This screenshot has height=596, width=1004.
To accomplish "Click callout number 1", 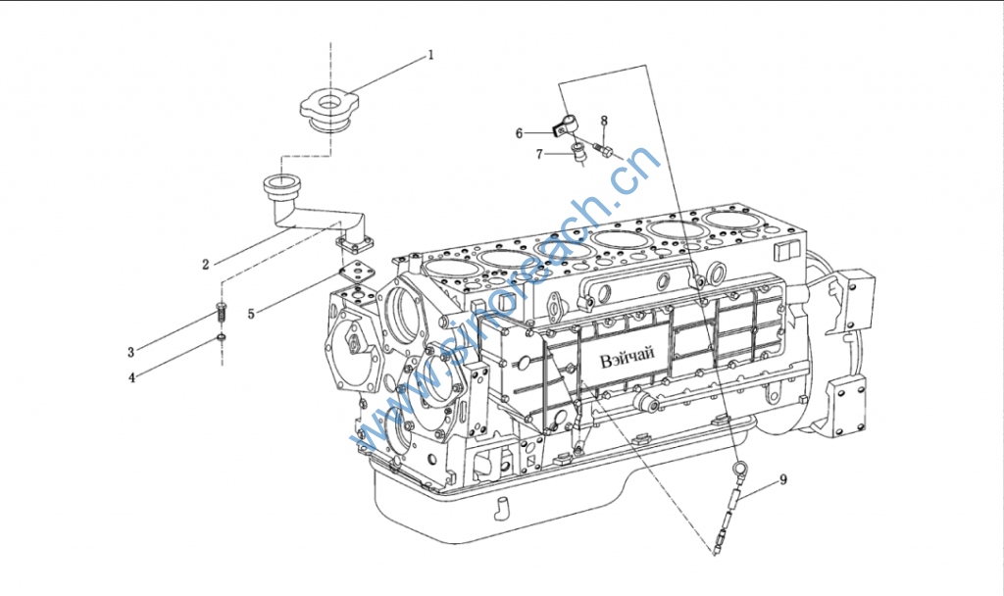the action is point(431,55).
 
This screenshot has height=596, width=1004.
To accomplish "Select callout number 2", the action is point(206,265).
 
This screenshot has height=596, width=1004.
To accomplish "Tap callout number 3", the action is point(131,352).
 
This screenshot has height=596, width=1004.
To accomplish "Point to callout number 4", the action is point(132,377).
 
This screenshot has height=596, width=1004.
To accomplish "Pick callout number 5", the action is point(251,314).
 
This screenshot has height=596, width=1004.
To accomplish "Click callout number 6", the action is point(520,133).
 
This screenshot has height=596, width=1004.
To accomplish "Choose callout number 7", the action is point(539,154).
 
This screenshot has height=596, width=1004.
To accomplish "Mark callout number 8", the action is point(604,121).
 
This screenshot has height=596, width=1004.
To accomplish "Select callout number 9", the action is point(783,479).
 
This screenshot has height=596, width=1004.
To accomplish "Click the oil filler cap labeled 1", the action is point(329,112).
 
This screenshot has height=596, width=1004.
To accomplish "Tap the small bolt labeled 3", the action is point(221,312).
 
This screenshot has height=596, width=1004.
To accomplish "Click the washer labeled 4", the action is point(222,337).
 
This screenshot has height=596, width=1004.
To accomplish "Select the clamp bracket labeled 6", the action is point(564,125).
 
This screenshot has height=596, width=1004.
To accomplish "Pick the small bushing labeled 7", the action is point(578,153).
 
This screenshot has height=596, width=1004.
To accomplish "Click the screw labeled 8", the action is point(604,151).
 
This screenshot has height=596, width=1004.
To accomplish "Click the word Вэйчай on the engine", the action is point(627,358).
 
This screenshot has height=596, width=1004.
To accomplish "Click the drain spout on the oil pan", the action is point(501,508).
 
